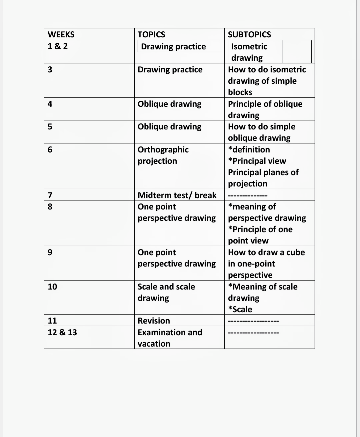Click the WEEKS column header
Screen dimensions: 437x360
click(x=61, y=35)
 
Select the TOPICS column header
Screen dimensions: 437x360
click(x=151, y=35)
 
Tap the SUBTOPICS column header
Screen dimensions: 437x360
click(x=249, y=35)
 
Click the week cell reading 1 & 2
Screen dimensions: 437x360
click(x=58, y=46)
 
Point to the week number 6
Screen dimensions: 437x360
click(x=50, y=150)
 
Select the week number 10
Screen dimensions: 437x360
click(x=52, y=287)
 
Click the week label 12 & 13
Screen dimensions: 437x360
click(x=62, y=333)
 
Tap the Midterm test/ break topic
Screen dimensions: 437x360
click(x=177, y=195)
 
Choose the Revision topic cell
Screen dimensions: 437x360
click(x=154, y=321)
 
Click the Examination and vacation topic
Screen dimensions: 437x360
click(x=170, y=338)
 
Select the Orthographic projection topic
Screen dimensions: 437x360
click(x=163, y=155)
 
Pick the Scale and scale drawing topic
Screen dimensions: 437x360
click(x=166, y=292)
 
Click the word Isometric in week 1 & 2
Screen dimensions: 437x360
click(x=249, y=47)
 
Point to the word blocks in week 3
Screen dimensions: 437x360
click(x=240, y=92)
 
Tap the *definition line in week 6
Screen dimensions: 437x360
click(x=249, y=150)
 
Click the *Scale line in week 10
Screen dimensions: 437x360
click(x=240, y=310)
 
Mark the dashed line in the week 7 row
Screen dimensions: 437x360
click(x=248, y=195)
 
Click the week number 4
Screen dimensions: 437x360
click(x=50, y=104)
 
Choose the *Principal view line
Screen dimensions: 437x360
click(x=257, y=161)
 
